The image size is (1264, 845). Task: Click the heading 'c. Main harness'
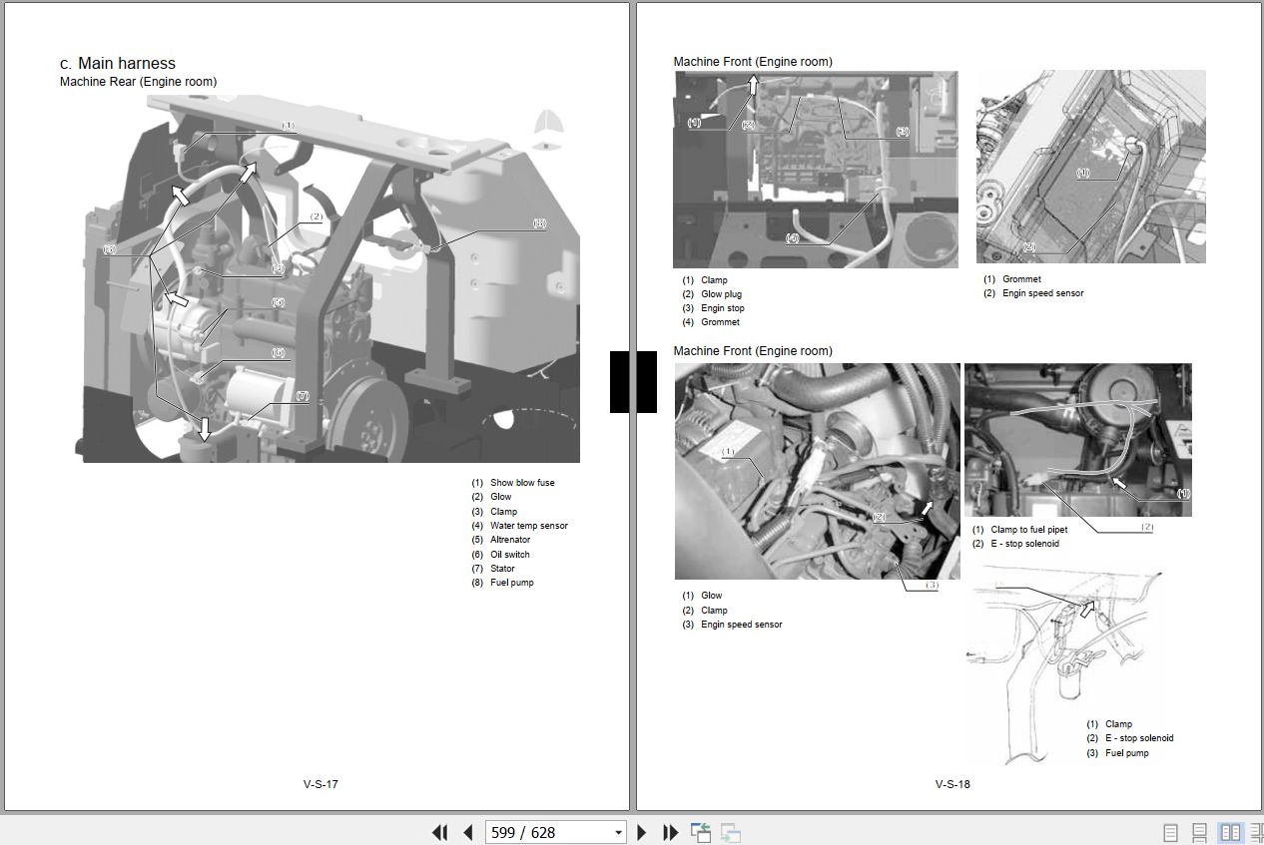click(117, 63)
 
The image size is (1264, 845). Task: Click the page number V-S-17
click(320, 784)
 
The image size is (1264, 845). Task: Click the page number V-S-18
click(952, 784)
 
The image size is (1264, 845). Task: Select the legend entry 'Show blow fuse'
click(521, 483)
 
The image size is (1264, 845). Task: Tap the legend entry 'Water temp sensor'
click(528, 526)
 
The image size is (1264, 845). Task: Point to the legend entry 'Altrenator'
click(509, 540)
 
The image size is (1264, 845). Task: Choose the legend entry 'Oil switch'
click(509, 555)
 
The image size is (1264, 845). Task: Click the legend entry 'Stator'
click(502, 569)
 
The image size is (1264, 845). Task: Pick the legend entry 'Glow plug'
click(721, 294)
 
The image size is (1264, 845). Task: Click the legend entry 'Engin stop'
click(722, 308)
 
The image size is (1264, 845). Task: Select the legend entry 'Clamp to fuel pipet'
click(1028, 530)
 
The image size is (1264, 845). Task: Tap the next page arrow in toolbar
click(642, 832)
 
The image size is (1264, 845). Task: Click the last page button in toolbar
click(671, 832)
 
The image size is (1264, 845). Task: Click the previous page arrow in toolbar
click(467, 832)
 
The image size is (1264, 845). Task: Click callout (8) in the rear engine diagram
click(539, 224)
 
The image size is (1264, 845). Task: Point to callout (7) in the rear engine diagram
click(302, 396)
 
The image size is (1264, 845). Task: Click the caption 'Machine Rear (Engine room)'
click(138, 82)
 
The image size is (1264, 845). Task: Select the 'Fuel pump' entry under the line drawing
click(1126, 753)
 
